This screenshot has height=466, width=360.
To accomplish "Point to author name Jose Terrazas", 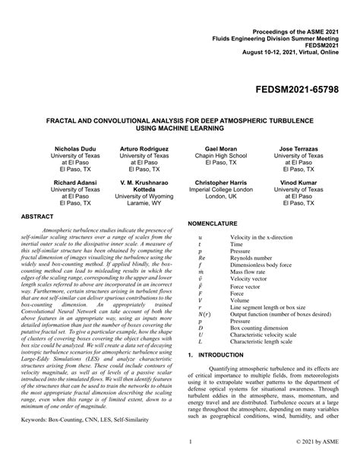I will point(298,149).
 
